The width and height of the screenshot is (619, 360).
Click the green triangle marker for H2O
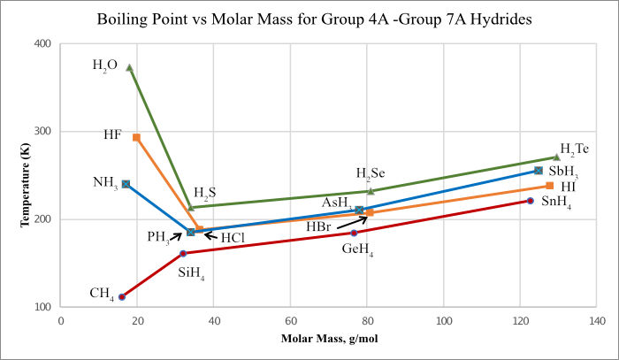130,67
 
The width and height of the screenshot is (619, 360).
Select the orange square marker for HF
136,137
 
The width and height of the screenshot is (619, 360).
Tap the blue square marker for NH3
126,184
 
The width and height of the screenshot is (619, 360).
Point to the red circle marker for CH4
122,296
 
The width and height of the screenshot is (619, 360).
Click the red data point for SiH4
183,254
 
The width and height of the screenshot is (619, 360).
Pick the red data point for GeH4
354,233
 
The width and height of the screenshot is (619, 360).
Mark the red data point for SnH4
531,201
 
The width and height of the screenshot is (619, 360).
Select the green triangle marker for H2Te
556,157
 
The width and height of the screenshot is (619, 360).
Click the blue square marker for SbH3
539,170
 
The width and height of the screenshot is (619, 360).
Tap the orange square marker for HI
550,186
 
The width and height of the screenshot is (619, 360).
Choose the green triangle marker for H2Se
371,190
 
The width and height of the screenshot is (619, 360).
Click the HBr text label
320,227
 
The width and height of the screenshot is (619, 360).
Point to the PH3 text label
161,236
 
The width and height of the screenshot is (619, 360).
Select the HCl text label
233,238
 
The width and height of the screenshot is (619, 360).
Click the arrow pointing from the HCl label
210,235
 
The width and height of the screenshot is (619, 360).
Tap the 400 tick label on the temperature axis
42,43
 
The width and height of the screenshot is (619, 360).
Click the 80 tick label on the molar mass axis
367,322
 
